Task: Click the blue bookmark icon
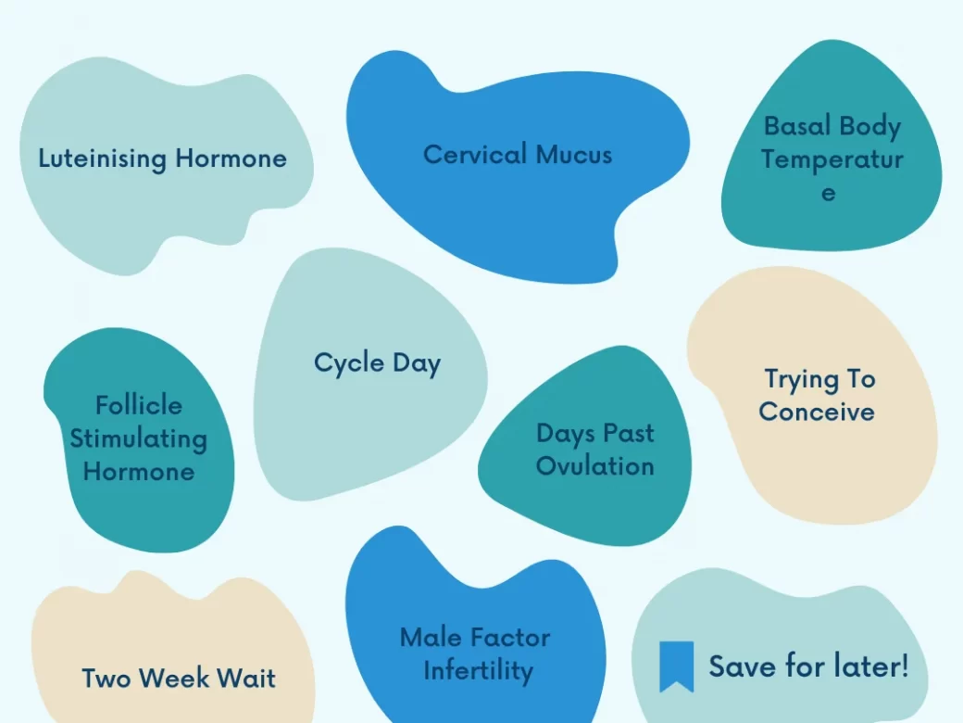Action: pyautogui.click(x=676, y=666)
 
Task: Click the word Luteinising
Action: pyautogui.click(x=103, y=159)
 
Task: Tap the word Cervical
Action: pyautogui.click(x=475, y=154)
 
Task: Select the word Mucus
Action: pyautogui.click(x=574, y=155)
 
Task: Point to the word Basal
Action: pyautogui.click(x=797, y=126)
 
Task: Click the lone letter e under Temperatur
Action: pyautogui.click(x=829, y=193)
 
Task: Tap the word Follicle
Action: pyautogui.click(x=139, y=405)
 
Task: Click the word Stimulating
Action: pyautogui.click(x=138, y=439)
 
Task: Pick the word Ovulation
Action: pyautogui.click(x=595, y=466)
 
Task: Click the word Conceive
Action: pyautogui.click(x=817, y=412)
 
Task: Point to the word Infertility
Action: pyautogui.click(x=479, y=671)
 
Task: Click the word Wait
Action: pyautogui.click(x=246, y=679)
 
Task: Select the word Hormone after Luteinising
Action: pyautogui.click(x=231, y=159)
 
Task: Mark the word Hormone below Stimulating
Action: pyautogui.click(x=139, y=472)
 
